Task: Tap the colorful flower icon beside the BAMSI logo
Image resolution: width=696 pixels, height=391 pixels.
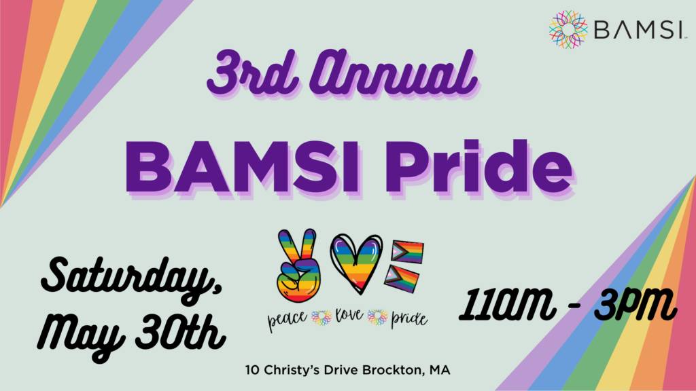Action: (x=568, y=30)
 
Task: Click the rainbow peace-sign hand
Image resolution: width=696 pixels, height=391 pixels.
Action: (x=298, y=264)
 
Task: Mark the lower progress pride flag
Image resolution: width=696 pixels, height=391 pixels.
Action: (x=404, y=278)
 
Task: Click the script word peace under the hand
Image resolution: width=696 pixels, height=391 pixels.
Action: (x=288, y=316)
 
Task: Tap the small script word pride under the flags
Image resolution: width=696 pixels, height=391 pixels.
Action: (x=408, y=316)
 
